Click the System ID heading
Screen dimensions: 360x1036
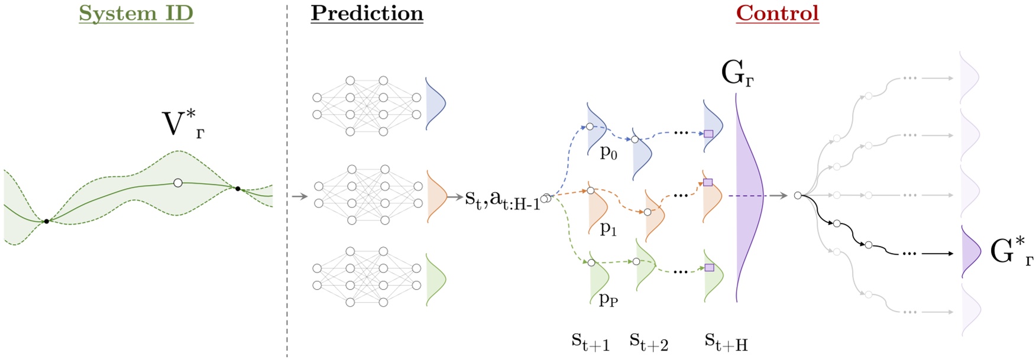[136, 13]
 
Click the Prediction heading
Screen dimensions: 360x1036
[367, 13]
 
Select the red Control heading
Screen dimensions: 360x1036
[777, 13]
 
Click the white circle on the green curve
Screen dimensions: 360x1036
[178, 183]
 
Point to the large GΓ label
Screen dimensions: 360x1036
[737, 74]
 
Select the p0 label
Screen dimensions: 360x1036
[608, 153]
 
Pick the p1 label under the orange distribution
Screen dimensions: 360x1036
[608, 229]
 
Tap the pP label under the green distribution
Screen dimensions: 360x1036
[608, 299]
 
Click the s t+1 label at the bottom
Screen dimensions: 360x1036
[590, 341]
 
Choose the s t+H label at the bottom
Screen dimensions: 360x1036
[726, 341]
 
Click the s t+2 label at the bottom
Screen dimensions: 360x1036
[649, 341]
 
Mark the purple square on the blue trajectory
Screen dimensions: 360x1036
[708, 134]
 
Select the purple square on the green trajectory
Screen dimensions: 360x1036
[710, 268]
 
